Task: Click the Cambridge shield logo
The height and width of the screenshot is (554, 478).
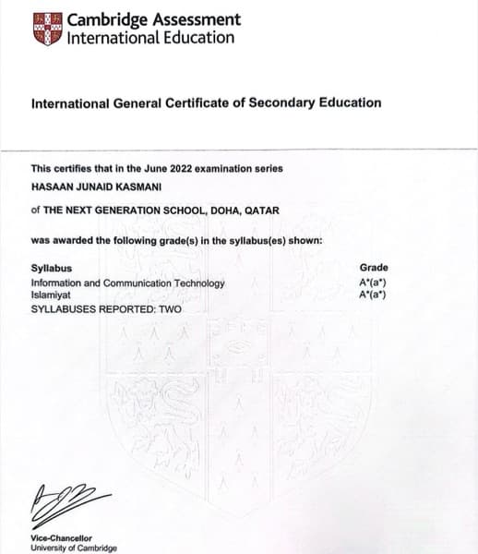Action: click(x=47, y=29)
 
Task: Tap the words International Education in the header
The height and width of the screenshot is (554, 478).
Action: click(x=150, y=38)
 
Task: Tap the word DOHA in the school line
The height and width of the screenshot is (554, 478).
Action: click(x=229, y=210)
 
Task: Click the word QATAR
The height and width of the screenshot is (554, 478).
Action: click(x=263, y=210)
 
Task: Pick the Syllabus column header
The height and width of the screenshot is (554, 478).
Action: click(x=49, y=268)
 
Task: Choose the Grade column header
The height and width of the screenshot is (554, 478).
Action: click(x=374, y=268)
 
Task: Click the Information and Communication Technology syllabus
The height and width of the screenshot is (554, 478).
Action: click(x=128, y=283)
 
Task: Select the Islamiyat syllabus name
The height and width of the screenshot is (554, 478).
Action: click(x=51, y=295)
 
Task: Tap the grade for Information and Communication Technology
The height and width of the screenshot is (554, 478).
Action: click(x=372, y=283)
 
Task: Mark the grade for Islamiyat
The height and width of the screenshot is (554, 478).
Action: click(x=372, y=295)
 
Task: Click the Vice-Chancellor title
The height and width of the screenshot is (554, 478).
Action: click(x=61, y=538)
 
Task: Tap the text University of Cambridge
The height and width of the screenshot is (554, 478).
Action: click(x=74, y=548)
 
